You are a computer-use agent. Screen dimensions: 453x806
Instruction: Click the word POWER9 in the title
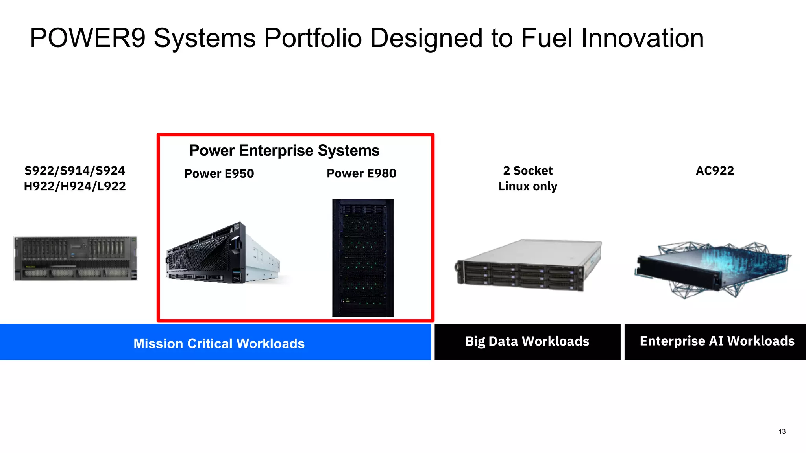pyautogui.click(x=88, y=38)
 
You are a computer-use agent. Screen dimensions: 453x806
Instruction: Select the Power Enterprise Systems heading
pyautogui.click(x=284, y=151)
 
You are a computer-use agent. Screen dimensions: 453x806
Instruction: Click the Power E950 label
pyautogui.click(x=219, y=173)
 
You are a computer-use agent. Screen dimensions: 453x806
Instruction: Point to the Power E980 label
pyautogui.click(x=361, y=173)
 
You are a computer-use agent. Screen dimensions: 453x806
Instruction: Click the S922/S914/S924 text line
pyautogui.click(x=75, y=171)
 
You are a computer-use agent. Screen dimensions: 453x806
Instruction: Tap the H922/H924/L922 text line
pyautogui.click(x=75, y=186)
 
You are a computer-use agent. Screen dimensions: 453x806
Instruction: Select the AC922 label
pyautogui.click(x=715, y=171)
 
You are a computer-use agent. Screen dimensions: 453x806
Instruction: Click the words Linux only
pyautogui.click(x=528, y=186)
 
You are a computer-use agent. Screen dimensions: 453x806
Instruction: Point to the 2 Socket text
pyautogui.click(x=528, y=171)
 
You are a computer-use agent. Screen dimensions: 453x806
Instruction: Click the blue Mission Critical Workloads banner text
pyautogui.click(x=219, y=343)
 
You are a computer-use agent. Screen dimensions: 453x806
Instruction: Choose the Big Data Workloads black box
pyautogui.click(x=527, y=341)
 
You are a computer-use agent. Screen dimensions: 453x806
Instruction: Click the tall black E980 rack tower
pyautogui.click(x=363, y=258)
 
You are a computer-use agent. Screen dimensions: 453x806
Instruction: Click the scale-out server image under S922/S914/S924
pyautogui.click(x=76, y=258)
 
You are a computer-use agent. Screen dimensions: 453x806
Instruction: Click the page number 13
pyautogui.click(x=782, y=431)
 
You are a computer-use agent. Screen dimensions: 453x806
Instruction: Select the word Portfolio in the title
pyautogui.click(x=312, y=38)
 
